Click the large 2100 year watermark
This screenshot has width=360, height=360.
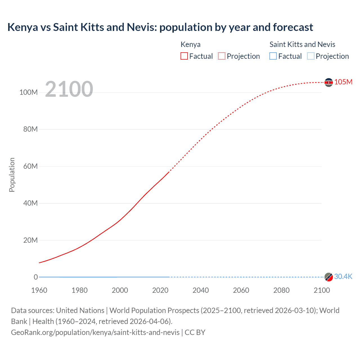pyautogui.click(x=69, y=89)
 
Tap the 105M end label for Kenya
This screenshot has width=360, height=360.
pyautogui.click(x=343, y=82)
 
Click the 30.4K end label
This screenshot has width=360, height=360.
pyautogui.click(x=343, y=276)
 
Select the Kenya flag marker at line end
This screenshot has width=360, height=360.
pyautogui.click(x=328, y=82)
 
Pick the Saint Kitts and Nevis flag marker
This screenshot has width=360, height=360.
pyautogui.click(x=328, y=277)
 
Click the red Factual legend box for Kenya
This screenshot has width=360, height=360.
pyautogui.click(x=184, y=56)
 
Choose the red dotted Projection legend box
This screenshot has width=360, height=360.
pyautogui.click(x=222, y=56)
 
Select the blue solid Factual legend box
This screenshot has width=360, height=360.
pyautogui.click(x=273, y=56)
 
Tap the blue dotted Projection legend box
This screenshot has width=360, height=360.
pyautogui.click(x=310, y=56)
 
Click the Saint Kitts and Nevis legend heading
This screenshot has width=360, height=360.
pyautogui.click(x=302, y=44)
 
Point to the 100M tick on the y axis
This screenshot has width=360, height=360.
pyautogui.click(x=28, y=92)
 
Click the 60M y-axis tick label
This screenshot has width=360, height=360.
pyautogui.click(x=30, y=166)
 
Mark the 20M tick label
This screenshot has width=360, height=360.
pyautogui.click(x=30, y=240)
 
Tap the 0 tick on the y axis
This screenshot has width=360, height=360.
pyautogui.click(x=36, y=277)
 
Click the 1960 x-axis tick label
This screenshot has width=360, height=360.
pyautogui.click(x=39, y=290)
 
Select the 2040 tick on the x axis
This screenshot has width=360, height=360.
pyautogui.click(x=201, y=290)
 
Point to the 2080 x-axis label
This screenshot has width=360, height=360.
pyautogui.click(x=281, y=290)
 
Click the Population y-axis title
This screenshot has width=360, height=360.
pyautogui.click(x=12, y=175)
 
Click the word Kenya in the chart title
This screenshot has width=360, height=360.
pyautogui.click(x=22, y=27)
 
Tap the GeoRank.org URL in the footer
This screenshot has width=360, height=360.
pyautogui.click(x=95, y=332)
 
